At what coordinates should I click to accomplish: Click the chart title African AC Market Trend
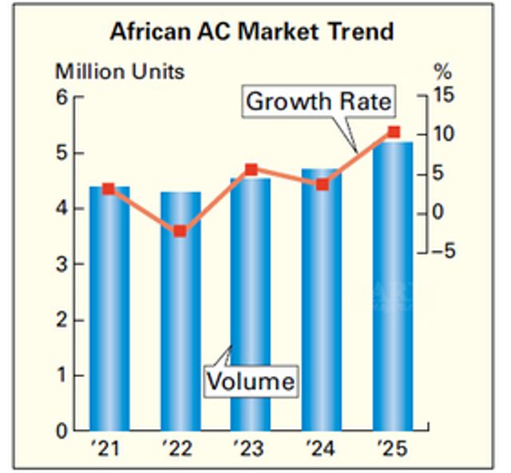pos(252,31)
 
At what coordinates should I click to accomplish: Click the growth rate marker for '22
pos(180,231)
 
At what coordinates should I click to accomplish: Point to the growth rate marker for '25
pos(393,132)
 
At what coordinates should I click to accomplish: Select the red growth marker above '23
pos(251,169)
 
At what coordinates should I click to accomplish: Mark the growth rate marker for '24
pos(322,185)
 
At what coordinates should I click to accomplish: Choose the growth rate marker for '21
pos(109,189)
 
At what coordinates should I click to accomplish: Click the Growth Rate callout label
pos(319,101)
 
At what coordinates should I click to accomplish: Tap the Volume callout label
pos(250,380)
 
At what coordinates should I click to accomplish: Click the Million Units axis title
pos(120,71)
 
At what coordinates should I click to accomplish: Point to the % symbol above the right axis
pos(442,72)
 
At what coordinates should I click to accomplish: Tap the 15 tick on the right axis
pos(441,96)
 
